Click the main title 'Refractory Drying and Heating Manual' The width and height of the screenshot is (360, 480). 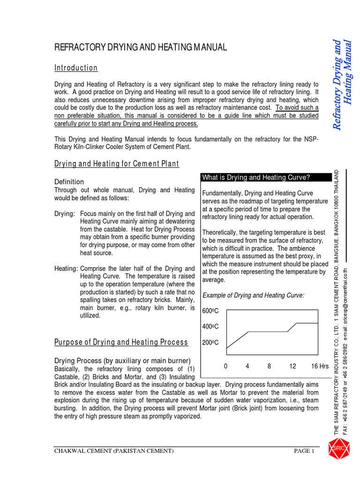(141, 47)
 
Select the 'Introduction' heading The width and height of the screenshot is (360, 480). (76, 68)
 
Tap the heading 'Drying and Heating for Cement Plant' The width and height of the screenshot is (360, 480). (117, 164)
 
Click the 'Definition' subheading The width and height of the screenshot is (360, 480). (69, 181)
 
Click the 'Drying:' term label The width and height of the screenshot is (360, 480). (65, 214)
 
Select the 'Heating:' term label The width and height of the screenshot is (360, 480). (66, 269)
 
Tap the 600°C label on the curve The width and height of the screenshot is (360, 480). (210, 311)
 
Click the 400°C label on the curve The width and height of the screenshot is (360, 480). (210, 326)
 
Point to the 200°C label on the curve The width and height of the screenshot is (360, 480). (210, 343)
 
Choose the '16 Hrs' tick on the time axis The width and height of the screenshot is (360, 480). (320, 366)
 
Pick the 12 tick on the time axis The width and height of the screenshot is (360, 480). (292, 366)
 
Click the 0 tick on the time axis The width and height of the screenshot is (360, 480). (225, 366)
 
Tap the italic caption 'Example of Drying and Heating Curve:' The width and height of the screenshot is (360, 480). (253, 295)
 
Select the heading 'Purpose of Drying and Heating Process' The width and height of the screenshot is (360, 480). (121, 342)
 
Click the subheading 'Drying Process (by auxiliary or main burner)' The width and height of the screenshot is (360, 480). (122, 360)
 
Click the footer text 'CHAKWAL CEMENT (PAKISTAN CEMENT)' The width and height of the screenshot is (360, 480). (114, 451)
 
